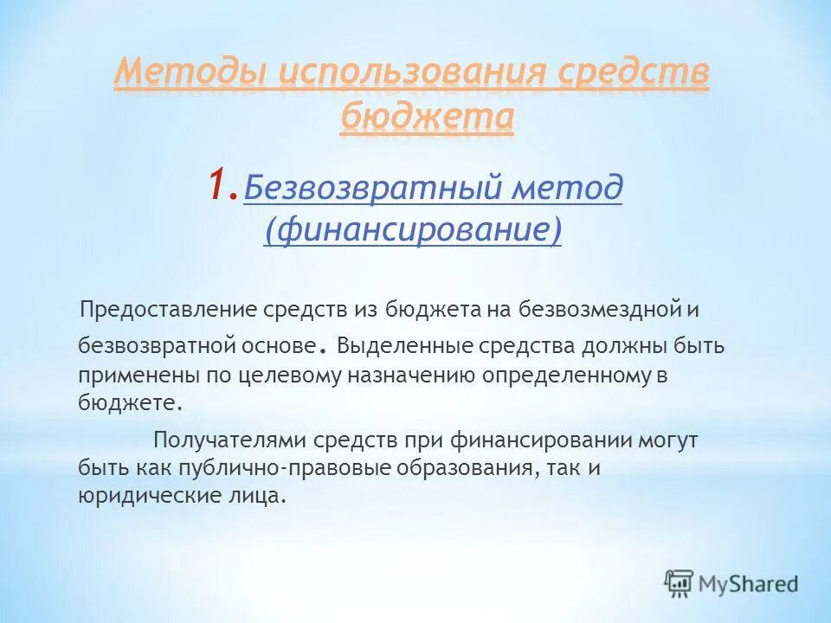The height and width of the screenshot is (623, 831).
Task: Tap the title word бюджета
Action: [x=427, y=116]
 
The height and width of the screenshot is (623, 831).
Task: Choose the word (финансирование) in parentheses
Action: [x=413, y=230]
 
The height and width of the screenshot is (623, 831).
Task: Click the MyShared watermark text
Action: [x=749, y=584]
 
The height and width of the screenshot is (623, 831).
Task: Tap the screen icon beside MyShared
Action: [x=680, y=583]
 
